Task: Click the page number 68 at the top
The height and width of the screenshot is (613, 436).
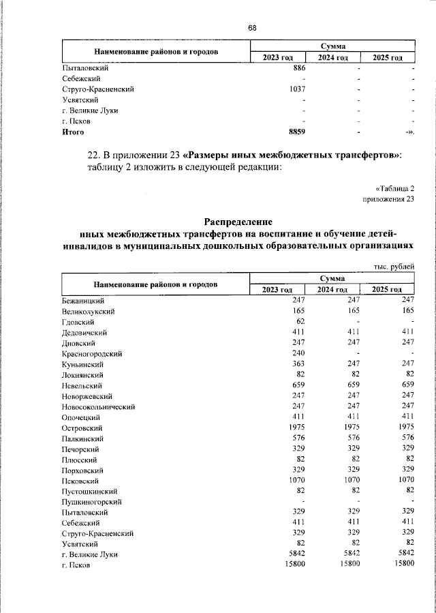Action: [x=252, y=27]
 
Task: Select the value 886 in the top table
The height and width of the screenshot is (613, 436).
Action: [x=298, y=68]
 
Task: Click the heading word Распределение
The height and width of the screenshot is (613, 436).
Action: [x=238, y=221]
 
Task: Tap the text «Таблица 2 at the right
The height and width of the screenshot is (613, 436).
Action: [x=394, y=188]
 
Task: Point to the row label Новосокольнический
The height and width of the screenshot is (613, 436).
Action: [x=98, y=406]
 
